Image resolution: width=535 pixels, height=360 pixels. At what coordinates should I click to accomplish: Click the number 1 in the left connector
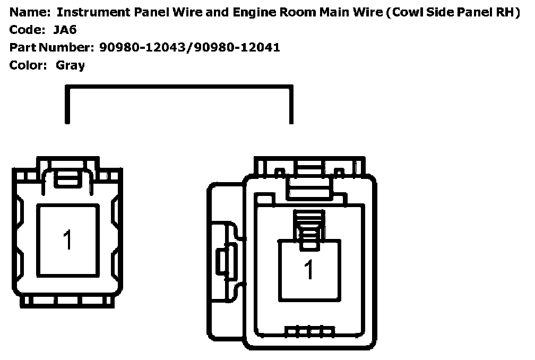click(x=67, y=240)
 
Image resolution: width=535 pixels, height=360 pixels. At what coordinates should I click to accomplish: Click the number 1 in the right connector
click(x=308, y=270)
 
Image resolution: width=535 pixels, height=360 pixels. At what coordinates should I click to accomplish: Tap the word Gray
click(x=70, y=65)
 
